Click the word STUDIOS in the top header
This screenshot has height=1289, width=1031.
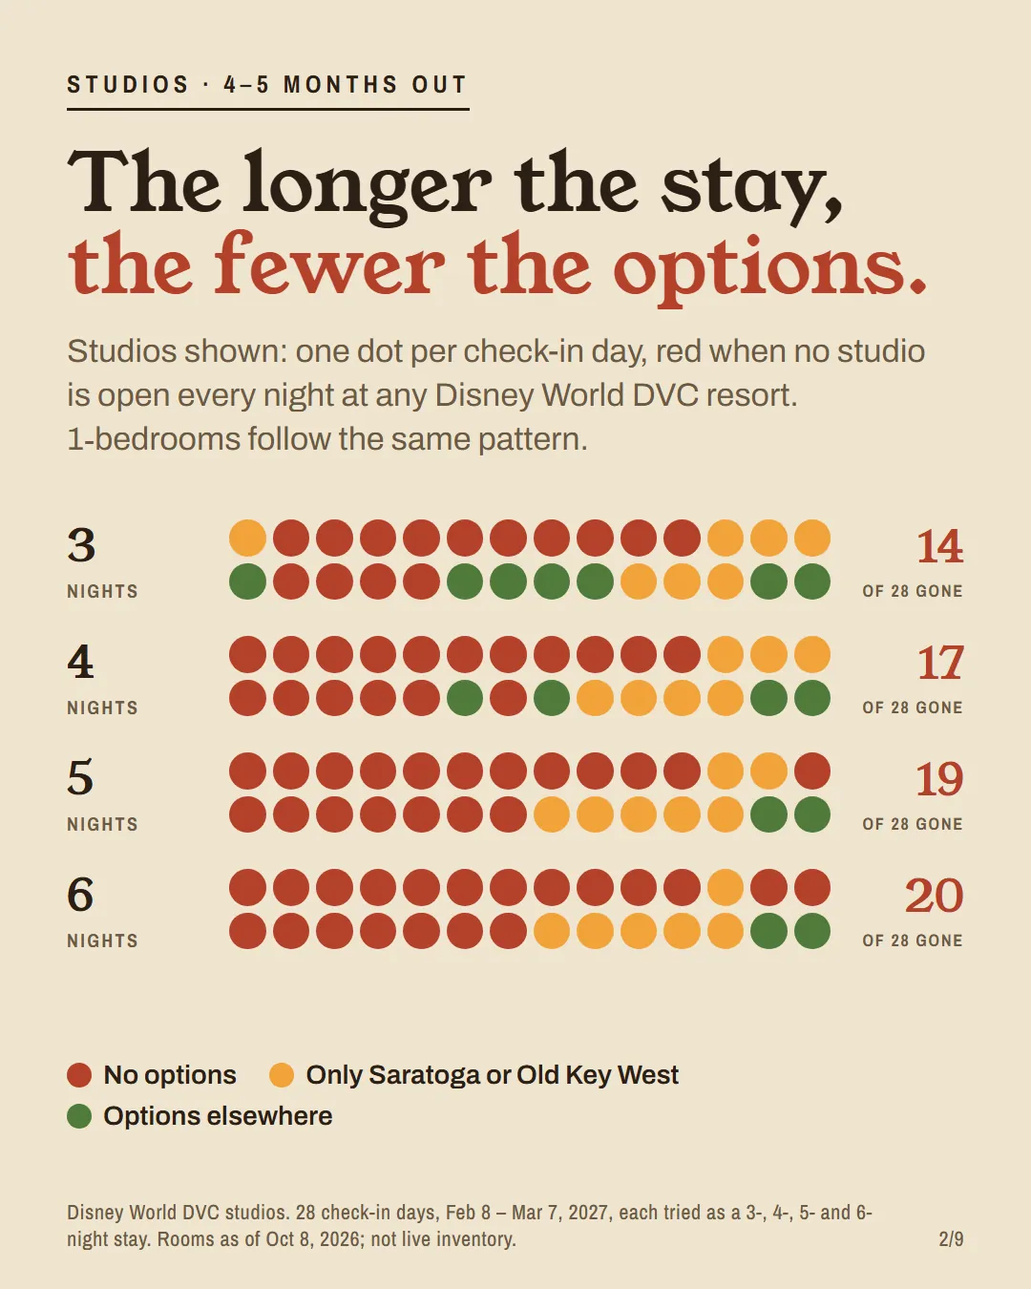click(x=128, y=84)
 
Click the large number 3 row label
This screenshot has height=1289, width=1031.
click(x=81, y=545)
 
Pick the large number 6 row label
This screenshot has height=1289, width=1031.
click(x=81, y=895)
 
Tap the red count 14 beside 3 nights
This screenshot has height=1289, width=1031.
click(x=939, y=545)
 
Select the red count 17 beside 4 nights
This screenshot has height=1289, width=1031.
click(x=940, y=663)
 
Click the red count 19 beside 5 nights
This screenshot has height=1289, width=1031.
click(x=939, y=779)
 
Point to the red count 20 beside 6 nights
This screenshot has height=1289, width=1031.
click(x=934, y=896)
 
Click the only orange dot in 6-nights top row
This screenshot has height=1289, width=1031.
click(x=726, y=888)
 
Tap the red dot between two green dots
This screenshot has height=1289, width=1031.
click(x=508, y=698)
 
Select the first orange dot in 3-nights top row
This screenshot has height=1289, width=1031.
click(x=247, y=538)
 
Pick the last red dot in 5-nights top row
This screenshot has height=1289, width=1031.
click(x=812, y=771)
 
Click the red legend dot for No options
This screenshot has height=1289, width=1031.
click(x=79, y=1075)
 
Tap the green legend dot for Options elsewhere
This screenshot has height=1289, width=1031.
click(x=79, y=1116)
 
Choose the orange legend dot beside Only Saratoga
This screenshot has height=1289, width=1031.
click(x=282, y=1075)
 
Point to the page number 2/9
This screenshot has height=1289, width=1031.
click(x=952, y=1238)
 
